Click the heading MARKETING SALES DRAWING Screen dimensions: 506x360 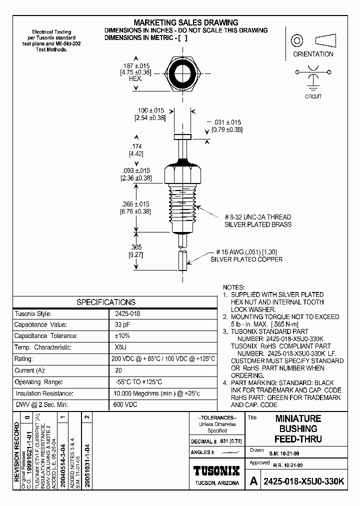(x=185, y=22)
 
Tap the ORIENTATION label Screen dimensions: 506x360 (x=313, y=54)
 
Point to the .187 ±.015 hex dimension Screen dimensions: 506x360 (x=136, y=65)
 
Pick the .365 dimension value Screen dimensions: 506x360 (x=136, y=246)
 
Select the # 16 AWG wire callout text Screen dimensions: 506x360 (x=246, y=252)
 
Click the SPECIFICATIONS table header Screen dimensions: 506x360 (x=105, y=302)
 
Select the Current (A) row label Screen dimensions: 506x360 (x=29, y=370)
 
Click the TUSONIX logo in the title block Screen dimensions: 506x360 (x=216, y=470)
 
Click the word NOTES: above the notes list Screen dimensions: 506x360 (x=233, y=287)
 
